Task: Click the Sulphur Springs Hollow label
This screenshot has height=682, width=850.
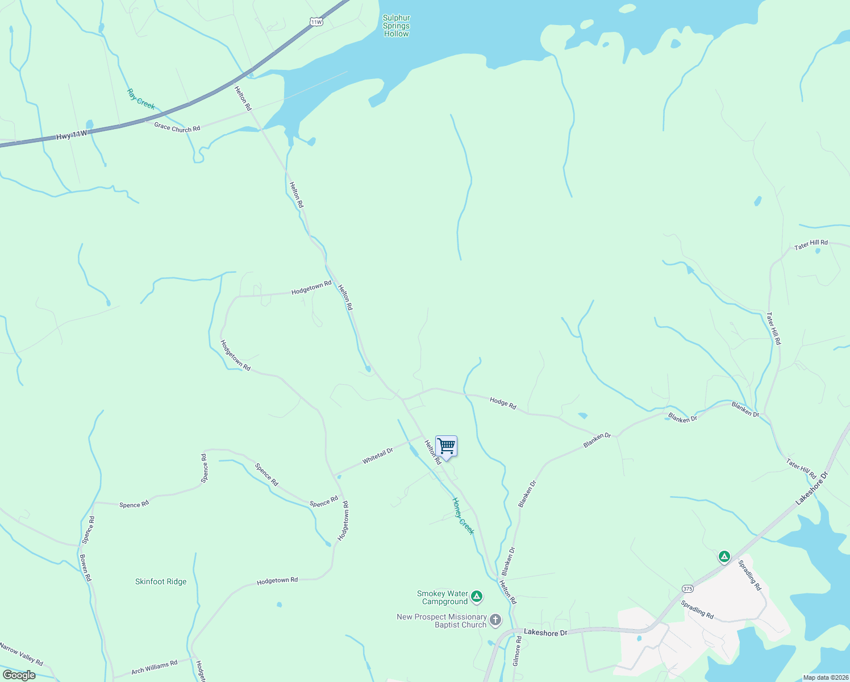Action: pyautogui.click(x=396, y=26)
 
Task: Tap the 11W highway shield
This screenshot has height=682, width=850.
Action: pyautogui.click(x=316, y=22)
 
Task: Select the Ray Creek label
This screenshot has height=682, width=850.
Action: pyautogui.click(x=141, y=99)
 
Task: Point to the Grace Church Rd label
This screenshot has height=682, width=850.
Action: pyautogui.click(x=177, y=128)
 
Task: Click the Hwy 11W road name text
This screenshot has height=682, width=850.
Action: pyautogui.click(x=72, y=135)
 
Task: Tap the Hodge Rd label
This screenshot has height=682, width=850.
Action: pyautogui.click(x=503, y=404)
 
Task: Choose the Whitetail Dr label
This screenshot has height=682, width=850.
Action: pyautogui.click(x=378, y=456)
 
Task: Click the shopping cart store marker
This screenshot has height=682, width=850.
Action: pyautogui.click(x=447, y=446)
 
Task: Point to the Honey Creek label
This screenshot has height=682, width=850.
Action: pyautogui.click(x=463, y=515)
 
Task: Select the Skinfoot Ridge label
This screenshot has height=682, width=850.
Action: pyautogui.click(x=161, y=581)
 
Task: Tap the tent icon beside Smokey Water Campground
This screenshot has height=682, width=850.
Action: pyautogui.click(x=477, y=596)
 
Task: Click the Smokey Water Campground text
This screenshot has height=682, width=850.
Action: pyautogui.click(x=443, y=597)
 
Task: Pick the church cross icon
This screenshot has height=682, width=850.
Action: pyautogui.click(x=495, y=620)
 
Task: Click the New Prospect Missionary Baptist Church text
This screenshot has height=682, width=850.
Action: pyautogui.click(x=442, y=621)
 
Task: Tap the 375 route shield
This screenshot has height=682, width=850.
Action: pyautogui.click(x=688, y=588)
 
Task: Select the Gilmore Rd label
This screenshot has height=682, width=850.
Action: pyautogui.click(x=517, y=651)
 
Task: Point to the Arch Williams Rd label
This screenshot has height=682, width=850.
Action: pyautogui.click(x=155, y=667)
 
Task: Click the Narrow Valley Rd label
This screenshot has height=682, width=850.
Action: pyautogui.click(x=21, y=654)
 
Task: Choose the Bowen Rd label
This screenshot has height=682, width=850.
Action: pyautogui.click(x=85, y=567)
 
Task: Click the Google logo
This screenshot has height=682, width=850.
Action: pyautogui.click(x=19, y=675)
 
